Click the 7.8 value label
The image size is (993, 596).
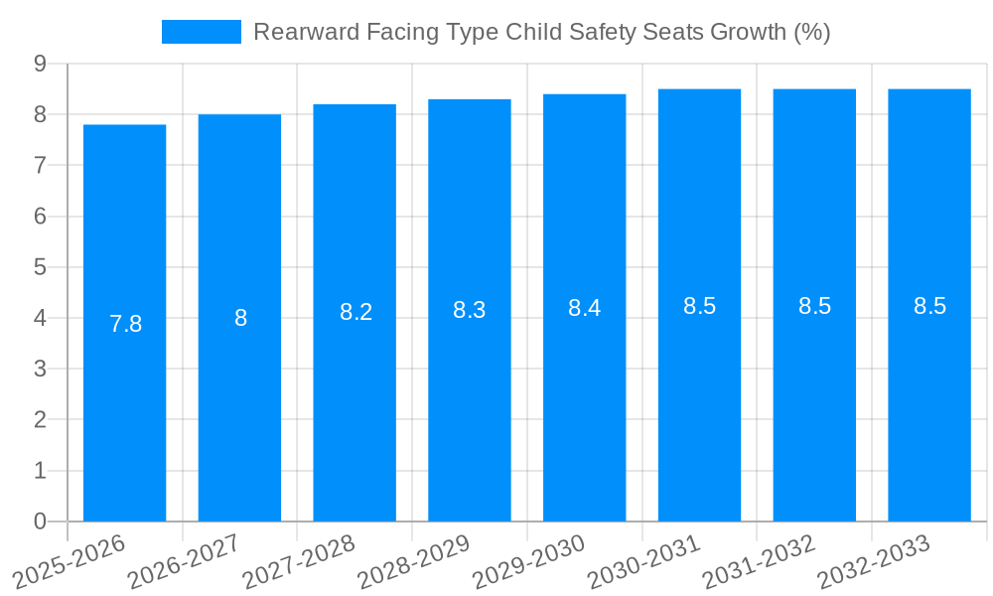(125, 324)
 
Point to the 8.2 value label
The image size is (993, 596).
(355, 312)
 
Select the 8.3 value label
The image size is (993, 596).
(469, 310)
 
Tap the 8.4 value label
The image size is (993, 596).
(584, 308)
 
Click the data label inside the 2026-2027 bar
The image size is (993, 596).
(240, 318)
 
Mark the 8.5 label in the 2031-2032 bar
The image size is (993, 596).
(814, 306)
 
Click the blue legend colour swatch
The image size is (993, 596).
(202, 32)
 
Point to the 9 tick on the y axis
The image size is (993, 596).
(40, 64)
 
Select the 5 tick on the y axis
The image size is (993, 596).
(40, 267)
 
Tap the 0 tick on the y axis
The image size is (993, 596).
(40, 521)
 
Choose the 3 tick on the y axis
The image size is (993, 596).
(40, 369)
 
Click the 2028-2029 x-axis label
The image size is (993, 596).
(414, 561)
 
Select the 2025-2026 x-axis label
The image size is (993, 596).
(69, 561)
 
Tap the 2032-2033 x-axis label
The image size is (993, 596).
(874, 561)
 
